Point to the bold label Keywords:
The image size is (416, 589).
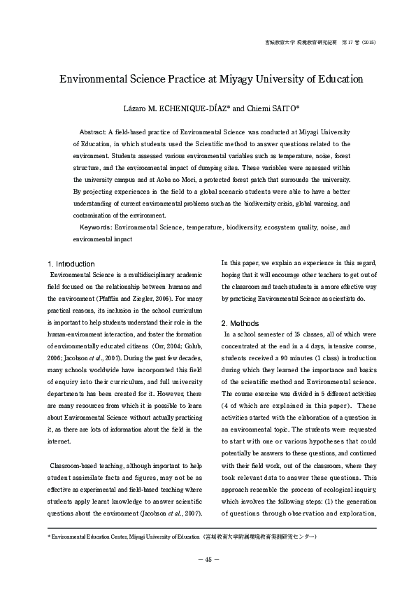[96, 227]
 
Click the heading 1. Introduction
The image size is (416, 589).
[71, 264]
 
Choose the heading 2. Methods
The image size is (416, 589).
[240, 323]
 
